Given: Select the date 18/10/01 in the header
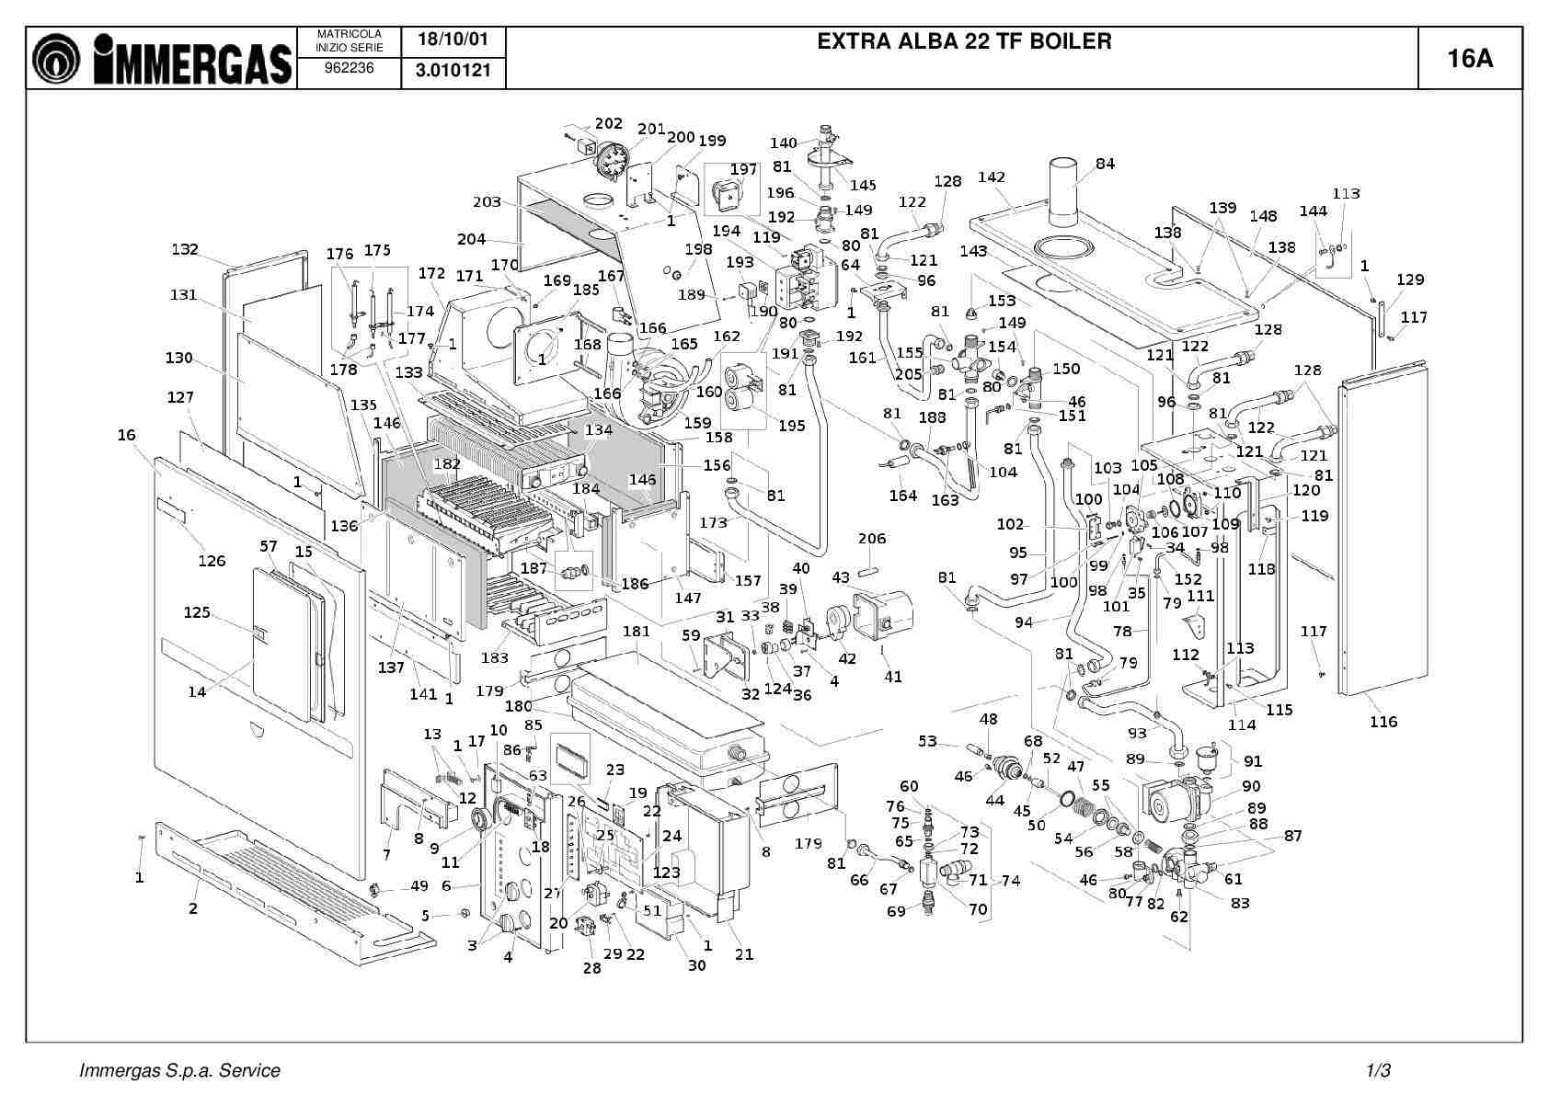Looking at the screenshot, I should coord(453,40).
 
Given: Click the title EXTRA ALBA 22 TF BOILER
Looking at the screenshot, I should coord(963,41).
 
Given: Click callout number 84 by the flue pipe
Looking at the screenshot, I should coord(1105,164).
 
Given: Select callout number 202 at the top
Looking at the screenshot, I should coord(608,123).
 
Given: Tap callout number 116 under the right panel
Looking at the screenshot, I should coord(1383,722).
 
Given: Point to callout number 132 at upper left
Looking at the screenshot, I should coord(185,249).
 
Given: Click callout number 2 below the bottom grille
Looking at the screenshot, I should coord(193,909).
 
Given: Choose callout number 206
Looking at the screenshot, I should coord(872,539).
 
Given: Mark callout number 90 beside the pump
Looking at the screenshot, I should coord(1251,786).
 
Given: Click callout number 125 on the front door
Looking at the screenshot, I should coord(197,612).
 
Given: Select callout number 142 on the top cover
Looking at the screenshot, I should coord(991,177).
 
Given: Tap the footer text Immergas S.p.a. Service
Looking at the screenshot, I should coord(179,1070).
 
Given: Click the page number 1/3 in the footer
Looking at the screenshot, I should coord(1378,1070).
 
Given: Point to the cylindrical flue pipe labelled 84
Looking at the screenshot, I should coord(1063,193).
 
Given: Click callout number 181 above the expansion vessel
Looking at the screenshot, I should coord(636,631).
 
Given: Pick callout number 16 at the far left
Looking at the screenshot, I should coord(126,435).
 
